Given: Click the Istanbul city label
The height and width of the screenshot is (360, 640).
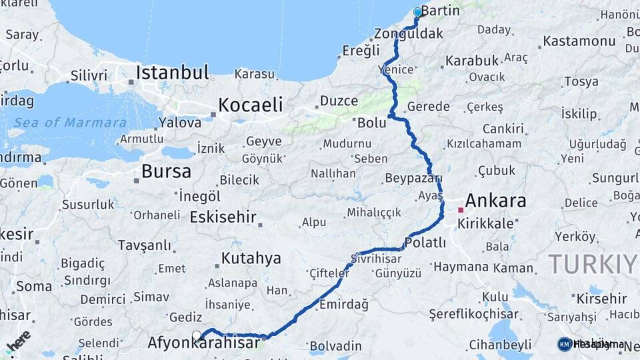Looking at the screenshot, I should click(173, 72).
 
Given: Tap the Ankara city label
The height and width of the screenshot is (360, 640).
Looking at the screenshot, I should click(495, 201).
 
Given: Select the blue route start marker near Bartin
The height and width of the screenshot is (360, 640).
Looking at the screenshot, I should click(418, 12).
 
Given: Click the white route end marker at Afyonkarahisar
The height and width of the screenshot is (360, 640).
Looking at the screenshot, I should click(197, 335).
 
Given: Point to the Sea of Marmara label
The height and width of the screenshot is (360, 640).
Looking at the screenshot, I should click(70, 123).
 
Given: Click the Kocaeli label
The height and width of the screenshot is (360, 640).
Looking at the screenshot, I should click(250, 105).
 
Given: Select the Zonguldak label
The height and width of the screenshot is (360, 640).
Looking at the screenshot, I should click(409, 33).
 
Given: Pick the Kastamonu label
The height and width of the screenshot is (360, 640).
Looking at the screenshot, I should click(579, 41).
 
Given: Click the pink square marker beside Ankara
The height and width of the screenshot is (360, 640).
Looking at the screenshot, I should click(460, 210).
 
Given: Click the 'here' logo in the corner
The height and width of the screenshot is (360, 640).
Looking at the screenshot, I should click(18, 340).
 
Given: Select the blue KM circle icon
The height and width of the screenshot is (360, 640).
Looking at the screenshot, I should click(564, 344).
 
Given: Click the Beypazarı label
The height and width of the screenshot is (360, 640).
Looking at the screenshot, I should click(413, 178).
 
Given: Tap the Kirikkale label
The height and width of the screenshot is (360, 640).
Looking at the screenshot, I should click(485, 224).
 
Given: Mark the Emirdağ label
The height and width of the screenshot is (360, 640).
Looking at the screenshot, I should click(343, 304).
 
